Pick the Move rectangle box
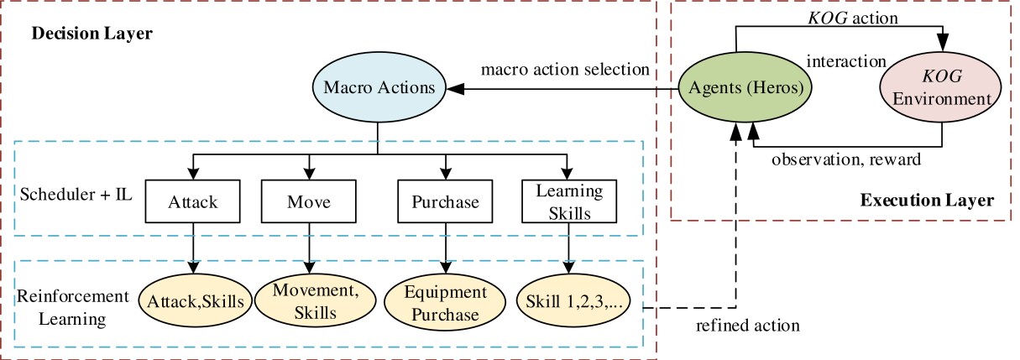[308, 202]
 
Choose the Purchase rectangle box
[445, 202]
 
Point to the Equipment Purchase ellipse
[445, 303]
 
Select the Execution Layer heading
[927, 201]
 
